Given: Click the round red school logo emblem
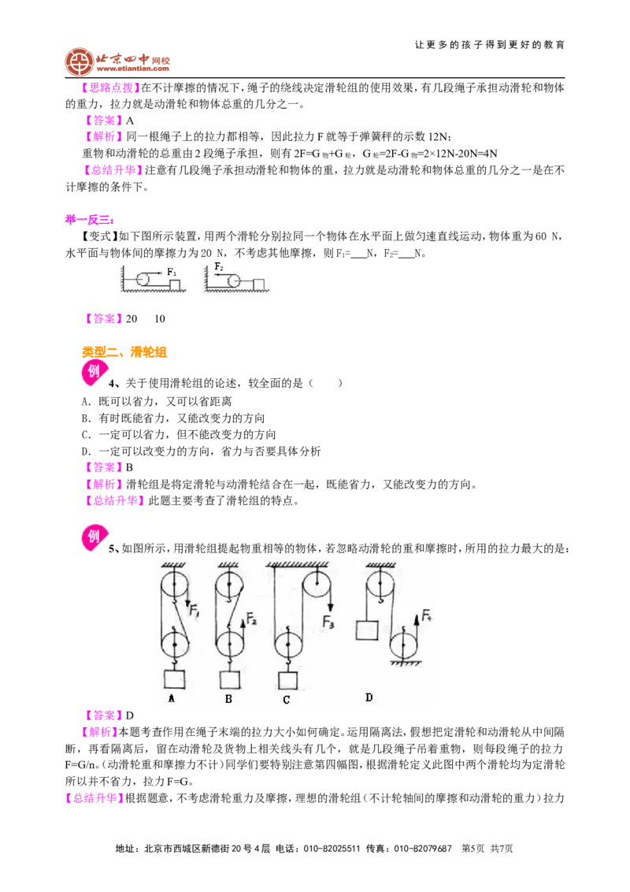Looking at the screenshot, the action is coord(79,61).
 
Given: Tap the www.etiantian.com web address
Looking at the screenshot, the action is coord(132,69).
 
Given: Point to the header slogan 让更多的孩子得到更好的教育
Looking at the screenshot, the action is coord(490,44).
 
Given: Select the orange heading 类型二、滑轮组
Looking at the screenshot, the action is coord(124,352).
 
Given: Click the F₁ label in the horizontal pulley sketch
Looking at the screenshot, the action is coord(172,273).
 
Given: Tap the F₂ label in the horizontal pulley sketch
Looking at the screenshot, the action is coord(219,266).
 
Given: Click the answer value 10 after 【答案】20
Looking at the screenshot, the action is coord(160,319).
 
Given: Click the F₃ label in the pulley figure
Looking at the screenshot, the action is coord(328,623).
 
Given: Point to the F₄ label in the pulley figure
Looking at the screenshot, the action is coord(427,615).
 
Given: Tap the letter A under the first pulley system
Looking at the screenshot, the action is coord(172,698).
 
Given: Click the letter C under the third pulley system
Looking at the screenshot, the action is coord(286,700).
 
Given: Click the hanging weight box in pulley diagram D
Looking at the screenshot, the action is coord(367,630).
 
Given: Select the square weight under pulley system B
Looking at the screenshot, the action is coord(229,679).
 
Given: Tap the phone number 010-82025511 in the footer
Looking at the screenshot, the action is coord(332,849).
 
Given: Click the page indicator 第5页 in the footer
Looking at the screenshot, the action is coord(472,849).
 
